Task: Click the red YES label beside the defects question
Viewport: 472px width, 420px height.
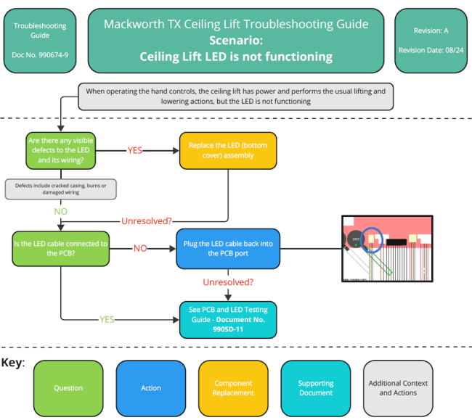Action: click(x=135, y=152)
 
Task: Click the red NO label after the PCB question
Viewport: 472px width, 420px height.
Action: click(x=139, y=248)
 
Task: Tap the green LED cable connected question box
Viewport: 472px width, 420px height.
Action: click(x=60, y=249)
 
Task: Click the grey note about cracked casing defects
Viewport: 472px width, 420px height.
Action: click(x=60, y=189)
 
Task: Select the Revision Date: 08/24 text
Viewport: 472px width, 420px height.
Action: click(x=431, y=50)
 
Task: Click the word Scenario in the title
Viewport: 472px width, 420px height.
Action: click(x=235, y=40)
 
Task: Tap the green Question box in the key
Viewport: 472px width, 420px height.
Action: click(x=68, y=388)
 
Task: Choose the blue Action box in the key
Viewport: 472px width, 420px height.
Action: click(x=150, y=388)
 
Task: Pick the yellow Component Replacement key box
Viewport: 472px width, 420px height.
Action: click(x=233, y=388)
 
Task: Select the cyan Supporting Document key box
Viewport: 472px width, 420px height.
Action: click(x=315, y=388)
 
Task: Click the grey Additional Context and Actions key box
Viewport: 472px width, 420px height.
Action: click(x=398, y=388)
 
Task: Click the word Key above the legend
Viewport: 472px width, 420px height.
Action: click(x=12, y=362)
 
